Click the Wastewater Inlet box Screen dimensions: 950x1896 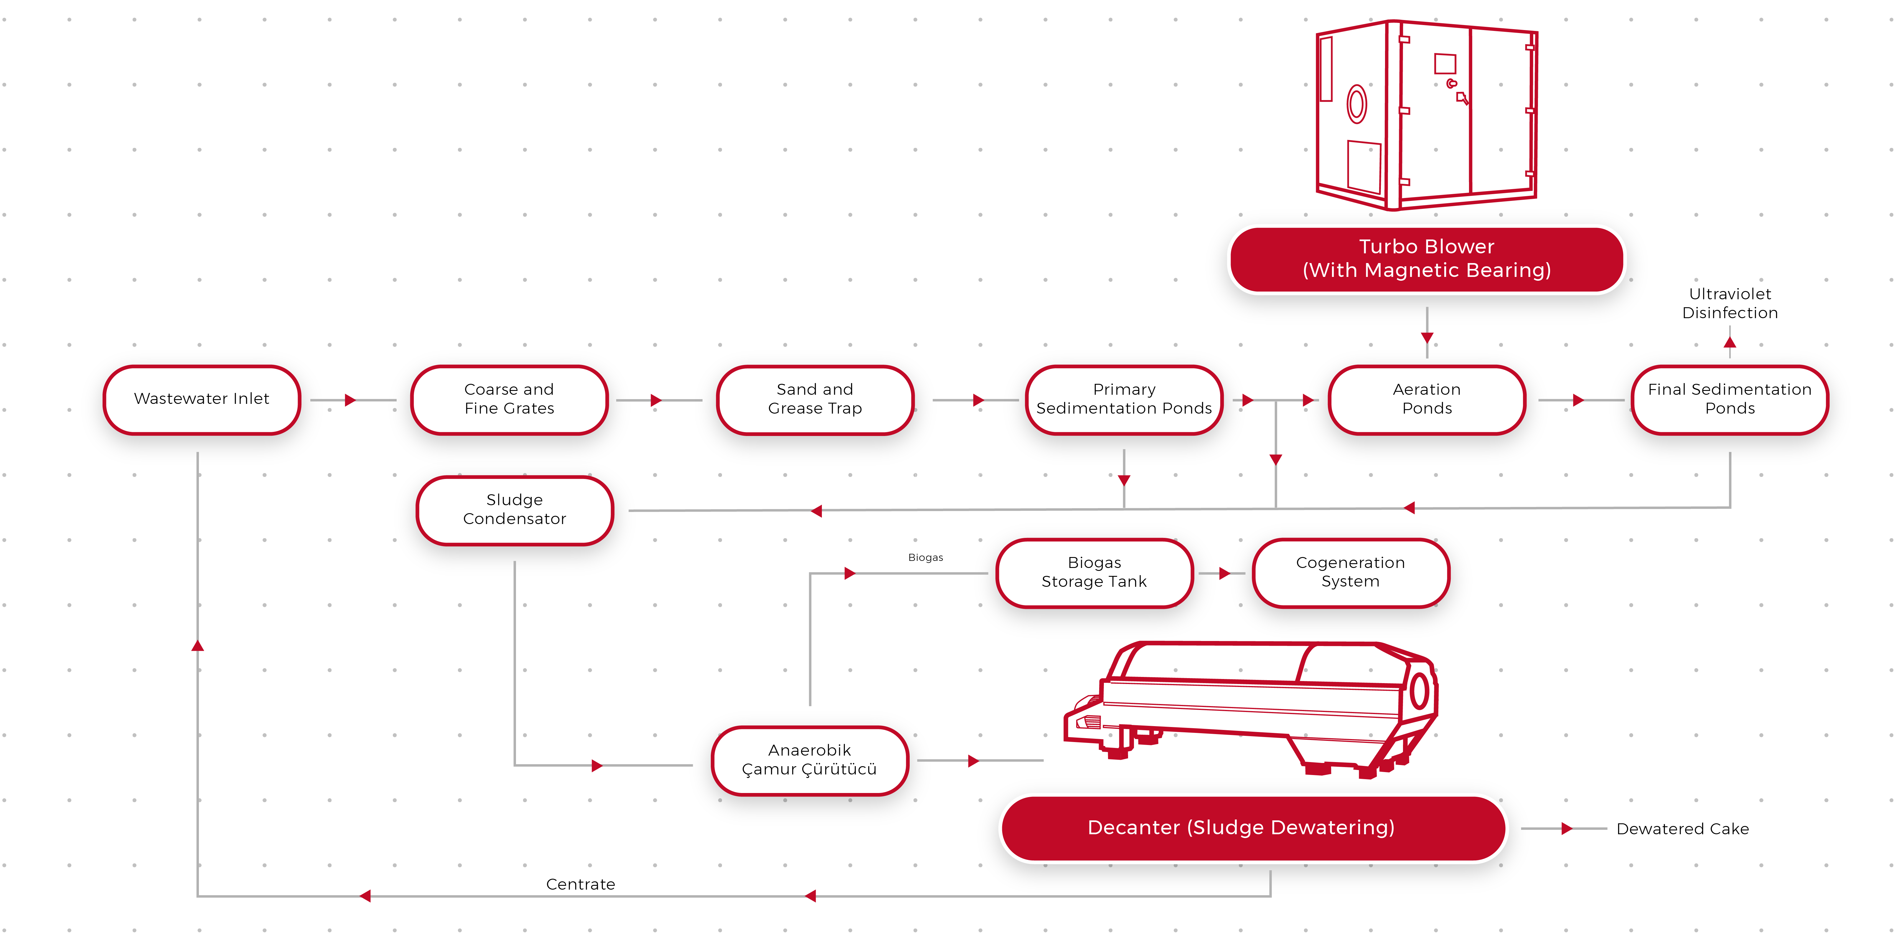[202, 399]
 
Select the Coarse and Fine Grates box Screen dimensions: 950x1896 [509, 399]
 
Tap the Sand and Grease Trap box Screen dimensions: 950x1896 [815, 399]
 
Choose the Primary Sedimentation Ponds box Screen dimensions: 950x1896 [1124, 399]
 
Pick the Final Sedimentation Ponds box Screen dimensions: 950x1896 [1730, 399]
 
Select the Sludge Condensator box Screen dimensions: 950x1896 [515, 509]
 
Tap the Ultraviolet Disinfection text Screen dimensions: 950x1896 [1730, 303]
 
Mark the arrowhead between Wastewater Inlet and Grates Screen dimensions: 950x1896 [350, 400]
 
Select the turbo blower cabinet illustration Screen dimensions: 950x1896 [1426, 114]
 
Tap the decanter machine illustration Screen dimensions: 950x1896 [1251, 706]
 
